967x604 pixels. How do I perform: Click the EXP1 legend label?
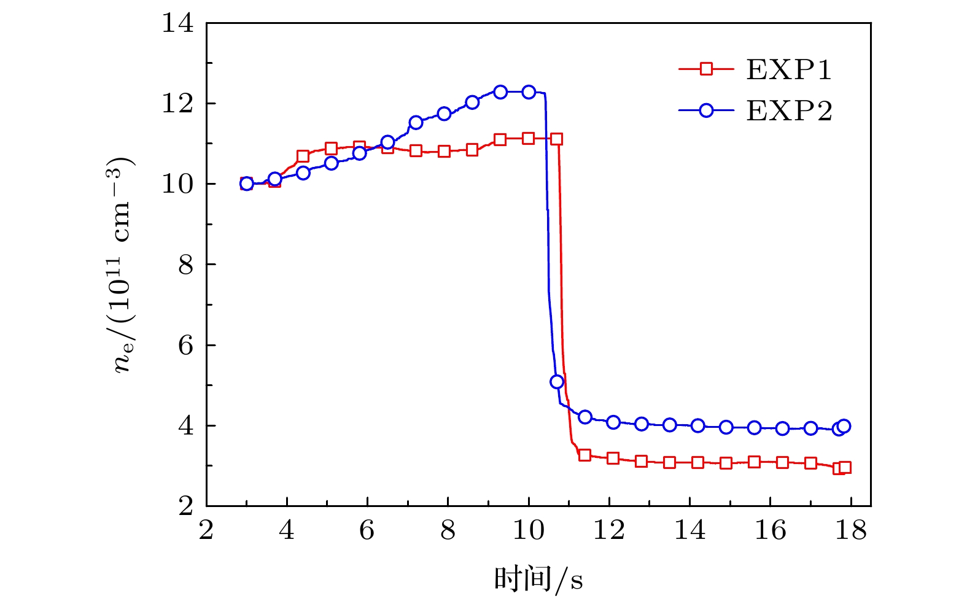(789, 69)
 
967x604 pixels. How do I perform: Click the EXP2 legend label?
(789, 111)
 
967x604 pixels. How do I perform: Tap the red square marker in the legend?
(706, 69)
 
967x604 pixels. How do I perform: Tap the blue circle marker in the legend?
(706, 110)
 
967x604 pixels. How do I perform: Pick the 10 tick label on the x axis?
(529, 529)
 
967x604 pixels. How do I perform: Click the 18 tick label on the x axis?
(851, 529)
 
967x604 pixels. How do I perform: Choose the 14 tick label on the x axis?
(690, 529)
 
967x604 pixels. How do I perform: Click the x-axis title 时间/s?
(538, 579)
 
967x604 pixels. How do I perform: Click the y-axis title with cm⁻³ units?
(123, 265)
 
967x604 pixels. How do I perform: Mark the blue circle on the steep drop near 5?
(557, 382)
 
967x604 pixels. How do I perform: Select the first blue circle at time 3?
(247, 184)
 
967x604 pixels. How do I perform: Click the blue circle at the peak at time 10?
(529, 92)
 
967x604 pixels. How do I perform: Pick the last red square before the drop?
(557, 139)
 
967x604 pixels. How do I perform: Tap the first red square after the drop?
(584, 455)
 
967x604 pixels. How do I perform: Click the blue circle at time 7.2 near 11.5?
(416, 122)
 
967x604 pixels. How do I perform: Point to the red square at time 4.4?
(303, 156)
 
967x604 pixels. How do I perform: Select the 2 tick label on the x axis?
(206, 529)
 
